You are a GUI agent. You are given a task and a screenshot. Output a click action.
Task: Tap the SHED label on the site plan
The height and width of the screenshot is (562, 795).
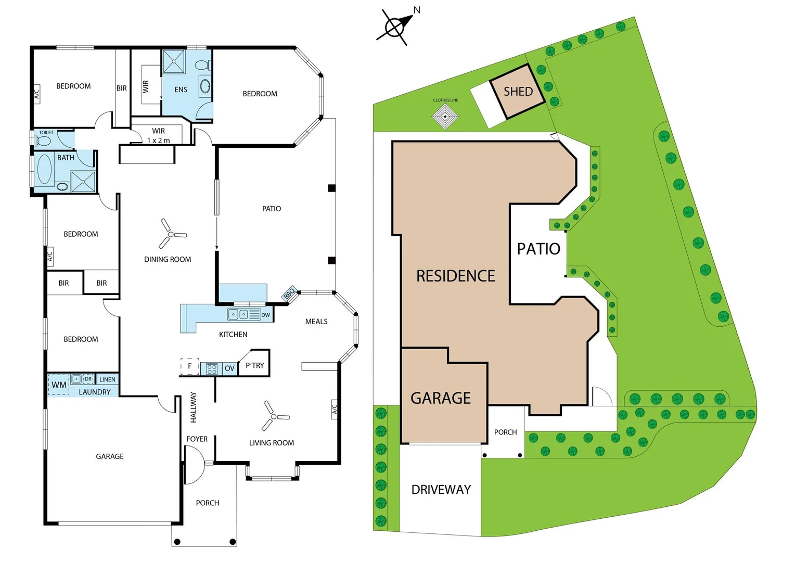518,92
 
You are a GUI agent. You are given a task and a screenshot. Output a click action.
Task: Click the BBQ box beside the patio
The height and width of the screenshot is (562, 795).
289,293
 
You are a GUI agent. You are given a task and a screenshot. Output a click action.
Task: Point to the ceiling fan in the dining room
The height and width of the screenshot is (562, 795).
171,234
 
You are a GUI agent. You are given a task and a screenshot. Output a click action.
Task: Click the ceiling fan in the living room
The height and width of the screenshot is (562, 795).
274,416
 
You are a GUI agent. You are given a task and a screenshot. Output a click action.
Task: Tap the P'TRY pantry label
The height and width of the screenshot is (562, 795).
255,365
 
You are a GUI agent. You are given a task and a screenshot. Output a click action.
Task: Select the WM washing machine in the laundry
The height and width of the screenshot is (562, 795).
59,385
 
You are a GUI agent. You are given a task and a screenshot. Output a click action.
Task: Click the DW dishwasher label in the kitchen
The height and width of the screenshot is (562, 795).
266,315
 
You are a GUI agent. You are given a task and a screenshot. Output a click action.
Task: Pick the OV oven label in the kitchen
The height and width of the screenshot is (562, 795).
229,368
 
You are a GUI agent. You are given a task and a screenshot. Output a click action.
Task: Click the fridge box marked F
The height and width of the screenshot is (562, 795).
190,366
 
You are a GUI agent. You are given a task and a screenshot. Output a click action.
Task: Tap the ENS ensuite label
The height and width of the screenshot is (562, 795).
181,90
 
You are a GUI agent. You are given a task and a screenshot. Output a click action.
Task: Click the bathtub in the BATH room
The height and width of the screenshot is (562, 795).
45,169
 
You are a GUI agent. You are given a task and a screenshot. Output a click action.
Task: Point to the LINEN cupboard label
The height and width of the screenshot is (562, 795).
107,379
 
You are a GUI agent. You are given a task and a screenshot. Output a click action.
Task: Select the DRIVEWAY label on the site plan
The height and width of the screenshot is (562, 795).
441,490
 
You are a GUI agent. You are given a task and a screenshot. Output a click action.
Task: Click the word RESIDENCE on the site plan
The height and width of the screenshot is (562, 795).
456,276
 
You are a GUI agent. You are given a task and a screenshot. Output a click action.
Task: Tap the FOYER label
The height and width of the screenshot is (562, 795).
197,439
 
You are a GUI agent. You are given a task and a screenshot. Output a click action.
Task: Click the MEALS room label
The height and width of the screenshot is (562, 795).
316,322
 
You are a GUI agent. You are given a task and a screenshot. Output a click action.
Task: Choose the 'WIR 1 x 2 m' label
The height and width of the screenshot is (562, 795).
159,135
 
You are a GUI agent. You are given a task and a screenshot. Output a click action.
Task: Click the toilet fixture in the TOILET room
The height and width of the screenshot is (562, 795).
44,141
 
